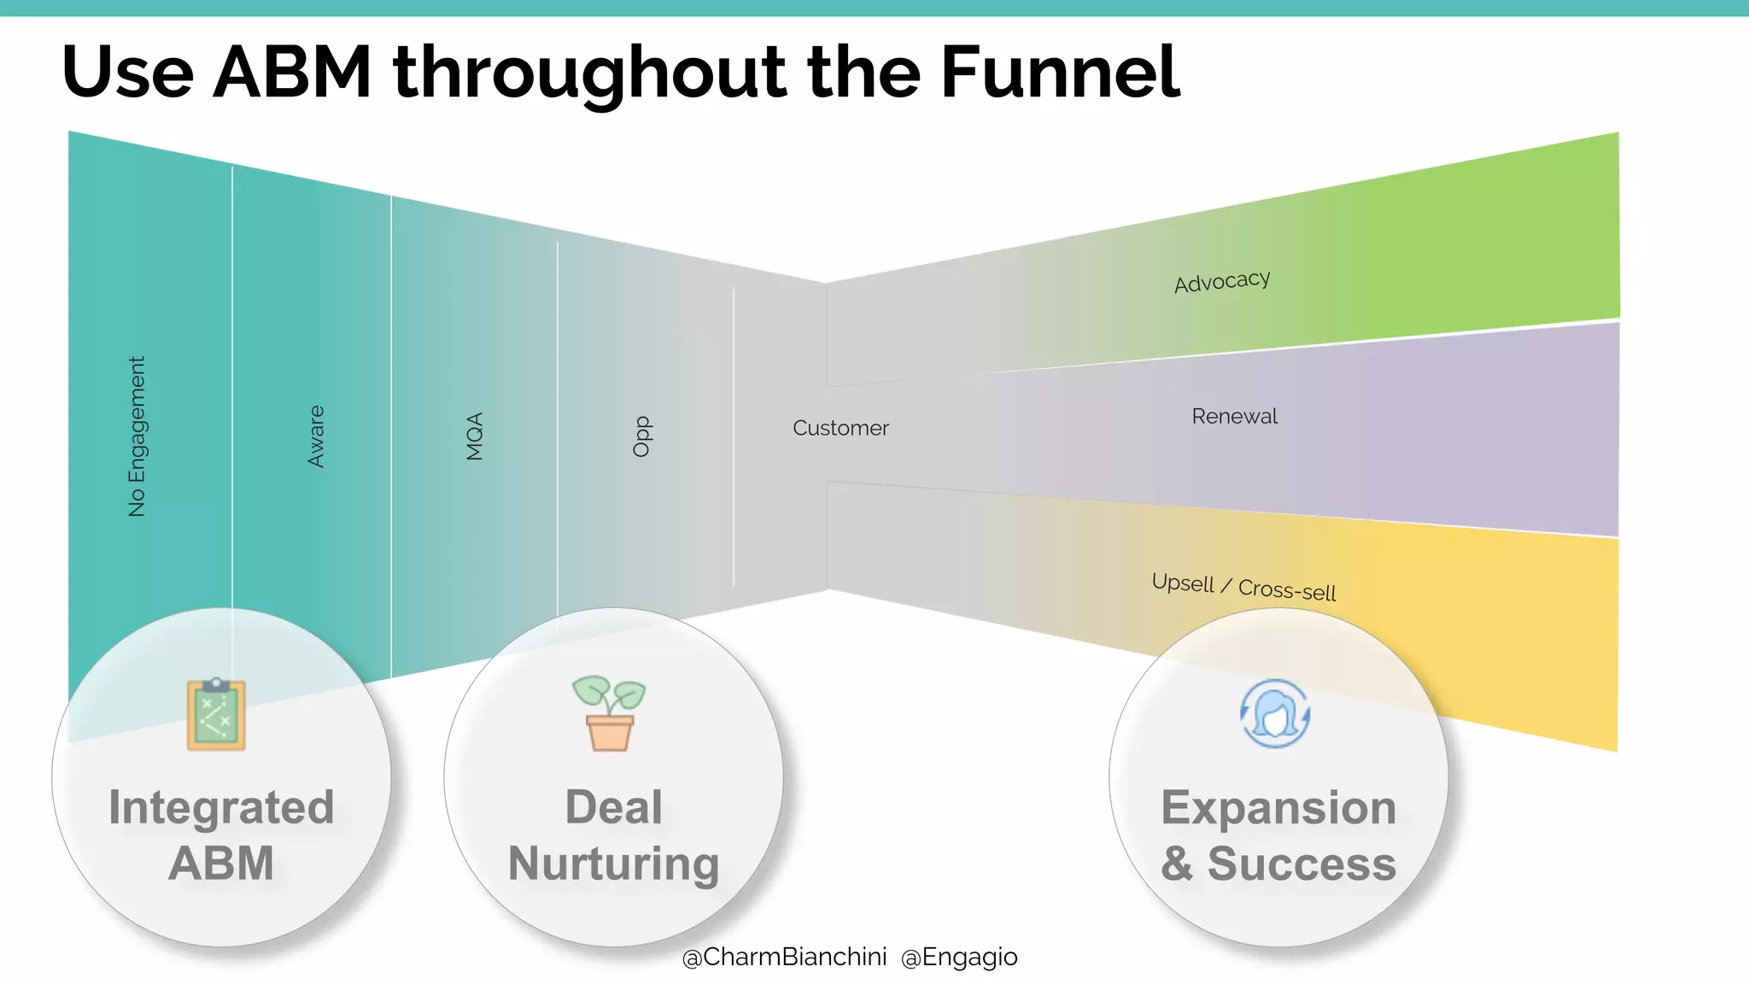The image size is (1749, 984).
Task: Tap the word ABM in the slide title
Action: (x=292, y=72)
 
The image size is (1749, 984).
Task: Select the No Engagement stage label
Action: (x=137, y=436)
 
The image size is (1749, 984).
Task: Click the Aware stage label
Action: (x=316, y=436)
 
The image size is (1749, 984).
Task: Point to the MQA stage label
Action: (x=475, y=436)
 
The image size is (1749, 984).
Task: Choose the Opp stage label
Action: (x=642, y=436)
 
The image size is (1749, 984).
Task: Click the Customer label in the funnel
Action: (x=840, y=428)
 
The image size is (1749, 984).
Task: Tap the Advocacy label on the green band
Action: (x=1222, y=281)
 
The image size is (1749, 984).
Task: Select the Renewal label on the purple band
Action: (x=1235, y=416)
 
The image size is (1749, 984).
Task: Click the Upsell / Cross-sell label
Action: (x=1243, y=587)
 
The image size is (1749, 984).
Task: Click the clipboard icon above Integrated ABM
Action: (x=216, y=714)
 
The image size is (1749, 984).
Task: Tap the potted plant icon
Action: (x=610, y=713)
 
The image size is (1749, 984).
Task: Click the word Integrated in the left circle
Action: (x=221, y=808)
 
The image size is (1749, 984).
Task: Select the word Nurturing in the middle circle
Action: (x=613, y=864)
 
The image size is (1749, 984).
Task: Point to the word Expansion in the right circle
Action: (x=1278, y=808)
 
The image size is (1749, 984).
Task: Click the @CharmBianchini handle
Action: (x=784, y=957)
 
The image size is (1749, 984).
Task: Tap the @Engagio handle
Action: (x=959, y=957)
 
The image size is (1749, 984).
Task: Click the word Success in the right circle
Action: (x=1302, y=864)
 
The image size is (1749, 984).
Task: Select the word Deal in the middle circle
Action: (x=613, y=808)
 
